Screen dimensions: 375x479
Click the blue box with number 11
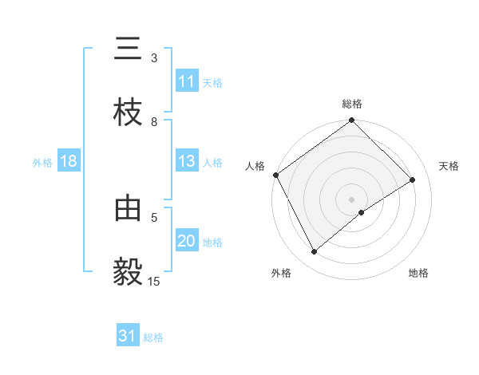(187, 81)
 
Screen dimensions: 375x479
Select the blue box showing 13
(187, 161)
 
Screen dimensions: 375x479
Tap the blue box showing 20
(187, 242)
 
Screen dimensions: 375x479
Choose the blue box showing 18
(69, 161)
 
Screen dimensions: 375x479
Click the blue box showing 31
(128, 336)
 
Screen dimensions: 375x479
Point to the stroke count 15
(154, 281)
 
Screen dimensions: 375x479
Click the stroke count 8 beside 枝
(154, 121)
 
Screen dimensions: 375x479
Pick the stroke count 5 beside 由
(154, 216)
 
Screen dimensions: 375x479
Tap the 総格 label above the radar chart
(352, 104)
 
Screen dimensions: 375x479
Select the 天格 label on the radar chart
(449, 166)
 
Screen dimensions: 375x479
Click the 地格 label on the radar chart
(418, 273)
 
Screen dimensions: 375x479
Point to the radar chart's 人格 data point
(275, 175)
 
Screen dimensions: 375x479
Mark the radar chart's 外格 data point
(315, 252)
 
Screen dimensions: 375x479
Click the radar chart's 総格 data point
(352, 121)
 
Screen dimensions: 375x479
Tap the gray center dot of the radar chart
(352, 199)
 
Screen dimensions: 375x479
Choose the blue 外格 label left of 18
(42, 162)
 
